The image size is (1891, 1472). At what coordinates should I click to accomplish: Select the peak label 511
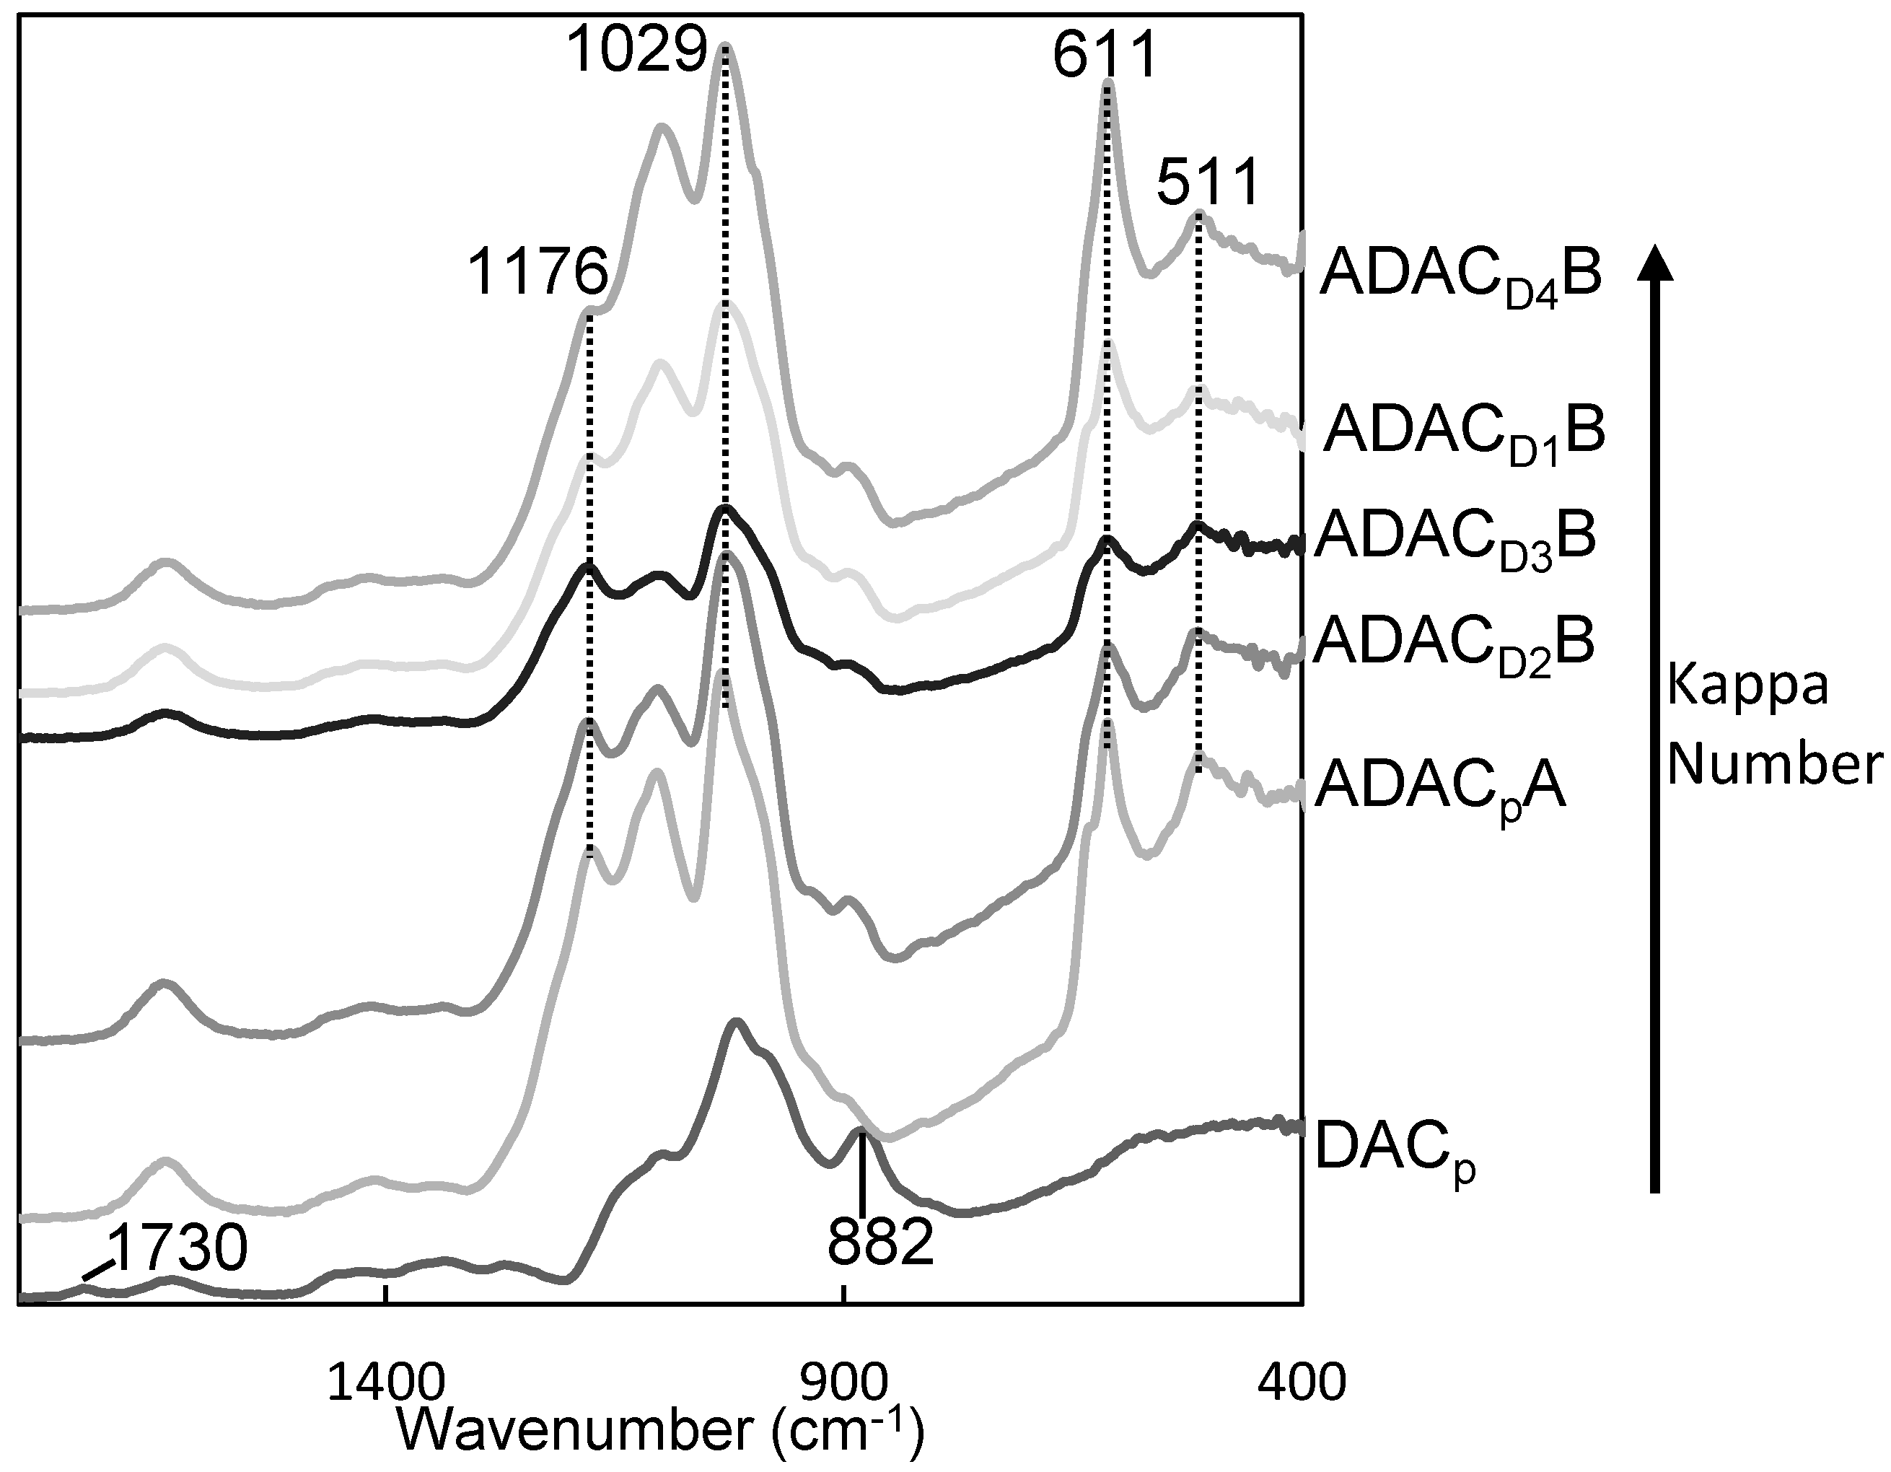click(x=1207, y=183)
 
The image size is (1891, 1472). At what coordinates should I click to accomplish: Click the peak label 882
click(x=880, y=1243)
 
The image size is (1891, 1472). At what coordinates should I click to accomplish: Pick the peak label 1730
click(x=177, y=1250)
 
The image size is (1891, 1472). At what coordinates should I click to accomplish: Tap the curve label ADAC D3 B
click(x=1455, y=538)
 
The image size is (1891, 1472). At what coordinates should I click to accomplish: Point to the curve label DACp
click(x=1394, y=1148)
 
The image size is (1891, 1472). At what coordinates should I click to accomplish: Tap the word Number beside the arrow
click(x=1774, y=766)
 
